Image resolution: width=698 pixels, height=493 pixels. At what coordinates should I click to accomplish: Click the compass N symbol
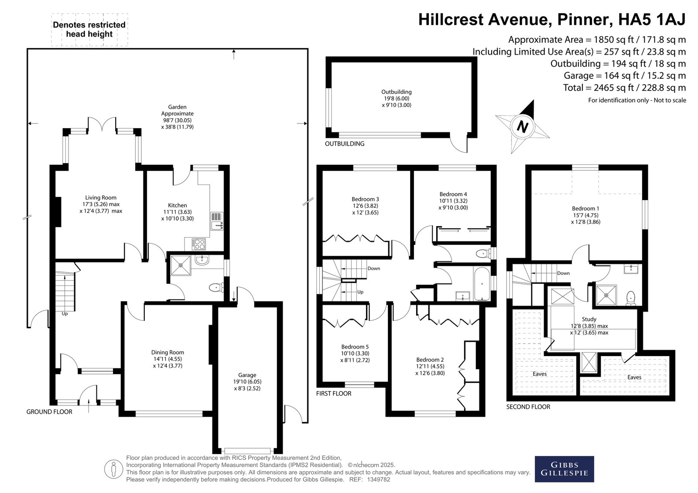522,126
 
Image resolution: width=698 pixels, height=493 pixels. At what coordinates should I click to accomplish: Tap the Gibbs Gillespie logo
565,469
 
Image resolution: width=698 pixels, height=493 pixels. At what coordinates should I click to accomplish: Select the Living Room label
101,197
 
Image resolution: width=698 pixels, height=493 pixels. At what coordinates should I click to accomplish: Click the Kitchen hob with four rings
198,244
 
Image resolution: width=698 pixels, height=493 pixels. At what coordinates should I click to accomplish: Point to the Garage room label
247,375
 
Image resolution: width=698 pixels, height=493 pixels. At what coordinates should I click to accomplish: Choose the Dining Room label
168,352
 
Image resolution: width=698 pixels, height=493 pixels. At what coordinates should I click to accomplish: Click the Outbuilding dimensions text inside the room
397,102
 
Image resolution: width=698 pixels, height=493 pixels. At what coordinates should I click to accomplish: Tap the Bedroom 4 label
453,194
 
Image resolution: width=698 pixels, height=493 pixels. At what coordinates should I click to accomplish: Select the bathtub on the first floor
482,283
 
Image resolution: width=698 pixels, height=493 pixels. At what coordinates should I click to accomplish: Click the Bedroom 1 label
585,208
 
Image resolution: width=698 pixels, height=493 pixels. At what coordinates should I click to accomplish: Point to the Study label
589,319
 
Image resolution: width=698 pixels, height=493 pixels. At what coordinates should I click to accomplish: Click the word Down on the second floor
563,273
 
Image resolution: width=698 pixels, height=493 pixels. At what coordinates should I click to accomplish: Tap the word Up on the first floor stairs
360,292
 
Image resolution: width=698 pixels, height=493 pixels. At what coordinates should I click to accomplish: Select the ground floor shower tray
181,265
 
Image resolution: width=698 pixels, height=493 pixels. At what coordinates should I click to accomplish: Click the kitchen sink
217,221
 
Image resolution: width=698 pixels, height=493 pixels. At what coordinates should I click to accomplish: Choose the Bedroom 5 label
355,347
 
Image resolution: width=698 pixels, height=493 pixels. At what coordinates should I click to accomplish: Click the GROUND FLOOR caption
49,412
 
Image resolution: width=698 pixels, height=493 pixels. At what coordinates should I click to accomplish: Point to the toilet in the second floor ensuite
631,298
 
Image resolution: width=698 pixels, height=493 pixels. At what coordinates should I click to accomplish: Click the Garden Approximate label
177,110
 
